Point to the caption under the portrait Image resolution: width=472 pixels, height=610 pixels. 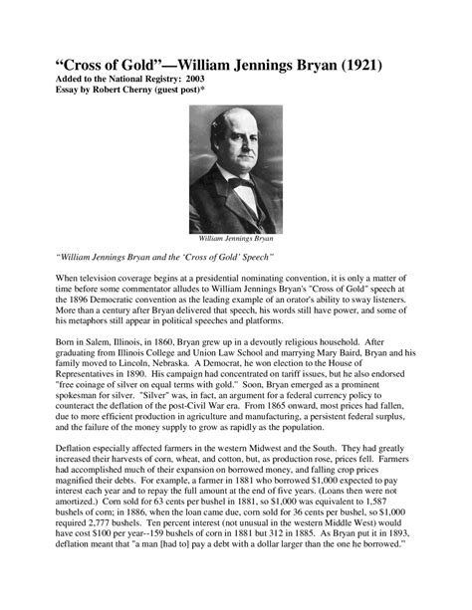[236, 239]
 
